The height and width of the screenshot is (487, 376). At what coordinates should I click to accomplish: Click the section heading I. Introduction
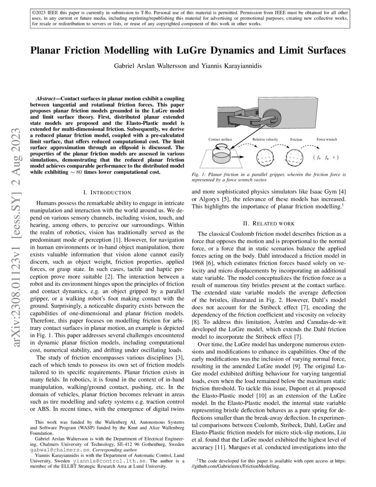click(x=107, y=192)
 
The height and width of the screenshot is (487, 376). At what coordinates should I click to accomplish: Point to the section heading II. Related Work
click(x=269, y=223)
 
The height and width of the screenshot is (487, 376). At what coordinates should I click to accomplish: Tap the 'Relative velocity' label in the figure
click(x=266, y=139)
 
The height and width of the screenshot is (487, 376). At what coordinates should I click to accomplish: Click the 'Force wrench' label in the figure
click(x=326, y=139)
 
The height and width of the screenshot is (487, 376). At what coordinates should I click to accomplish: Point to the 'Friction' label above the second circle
click(x=296, y=139)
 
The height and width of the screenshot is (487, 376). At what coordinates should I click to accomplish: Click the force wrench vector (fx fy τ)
click(x=324, y=157)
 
